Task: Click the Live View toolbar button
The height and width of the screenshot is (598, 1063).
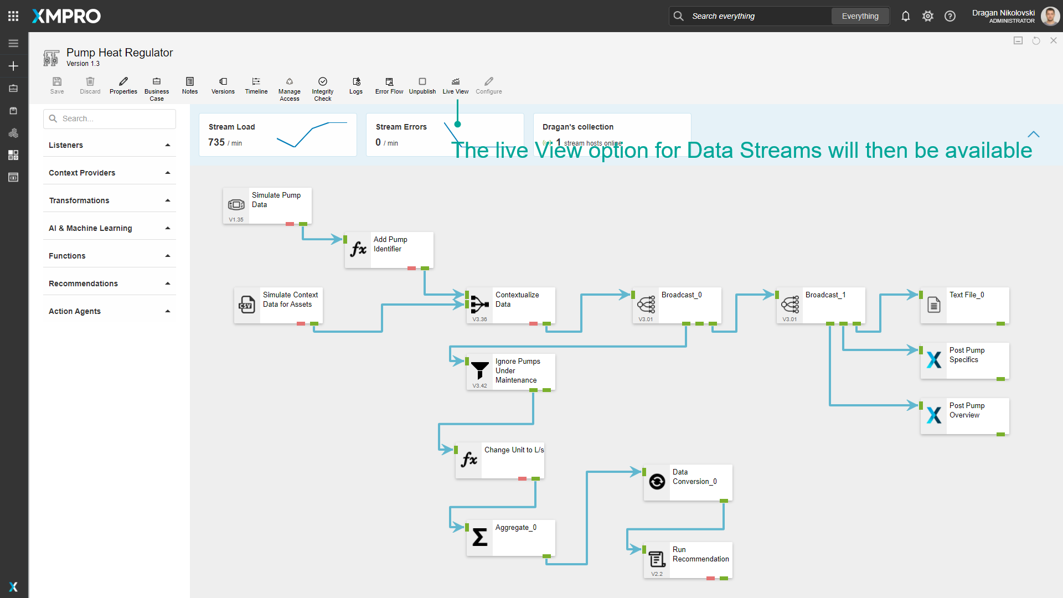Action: click(x=455, y=86)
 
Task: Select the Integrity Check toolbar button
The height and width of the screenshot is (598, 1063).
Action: click(x=323, y=89)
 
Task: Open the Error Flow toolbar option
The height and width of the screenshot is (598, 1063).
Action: click(x=389, y=86)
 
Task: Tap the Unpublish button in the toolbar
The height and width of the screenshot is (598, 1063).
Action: click(x=422, y=86)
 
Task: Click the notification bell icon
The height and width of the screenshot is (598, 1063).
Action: click(x=906, y=16)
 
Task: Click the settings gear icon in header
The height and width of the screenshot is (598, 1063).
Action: click(x=928, y=16)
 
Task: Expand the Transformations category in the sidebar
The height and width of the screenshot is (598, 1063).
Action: click(x=110, y=200)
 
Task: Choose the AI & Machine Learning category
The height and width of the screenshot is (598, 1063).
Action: click(x=110, y=228)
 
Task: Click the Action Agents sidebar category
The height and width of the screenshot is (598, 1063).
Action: click(x=110, y=311)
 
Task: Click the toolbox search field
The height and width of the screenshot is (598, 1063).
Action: click(x=110, y=118)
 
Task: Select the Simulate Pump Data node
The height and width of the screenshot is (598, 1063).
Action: click(x=267, y=205)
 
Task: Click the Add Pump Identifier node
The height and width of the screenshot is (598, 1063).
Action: click(x=389, y=250)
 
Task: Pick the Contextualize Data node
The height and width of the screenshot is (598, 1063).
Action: click(x=511, y=305)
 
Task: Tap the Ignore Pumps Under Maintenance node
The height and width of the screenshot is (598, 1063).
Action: click(x=511, y=372)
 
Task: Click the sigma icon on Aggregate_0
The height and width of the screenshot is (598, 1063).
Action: click(x=480, y=537)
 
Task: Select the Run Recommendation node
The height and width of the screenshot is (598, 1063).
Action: click(x=688, y=560)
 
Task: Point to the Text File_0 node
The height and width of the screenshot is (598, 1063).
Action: click(x=965, y=305)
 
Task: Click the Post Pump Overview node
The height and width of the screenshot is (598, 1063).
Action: click(x=965, y=416)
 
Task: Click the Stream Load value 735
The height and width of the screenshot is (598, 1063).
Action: click(x=216, y=142)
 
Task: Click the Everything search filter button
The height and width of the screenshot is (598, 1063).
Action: click(x=860, y=16)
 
